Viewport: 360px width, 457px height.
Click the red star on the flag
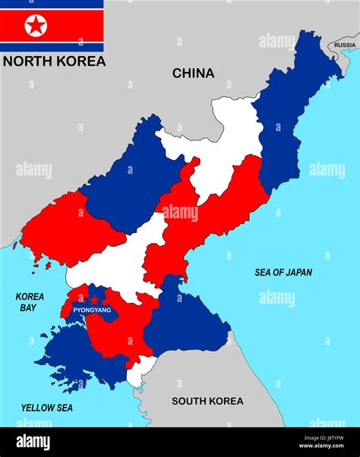pyautogui.click(x=36, y=26)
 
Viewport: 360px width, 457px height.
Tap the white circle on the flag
pyautogui.click(x=36, y=26)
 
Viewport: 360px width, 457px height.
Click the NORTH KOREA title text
pyautogui.click(x=54, y=61)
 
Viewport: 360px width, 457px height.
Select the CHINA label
pyautogui.click(x=193, y=74)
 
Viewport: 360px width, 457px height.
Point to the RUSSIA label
pyautogui.click(x=345, y=45)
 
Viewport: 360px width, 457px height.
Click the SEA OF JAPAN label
pyautogui.click(x=283, y=273)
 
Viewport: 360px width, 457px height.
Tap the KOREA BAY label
pyautogui.click(x=30, y=302)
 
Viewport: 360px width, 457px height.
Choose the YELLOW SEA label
pyautogui.click(x=47, y=408)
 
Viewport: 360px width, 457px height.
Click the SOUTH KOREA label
pyautogui.click(x=207, y=402)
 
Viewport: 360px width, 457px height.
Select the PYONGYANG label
pyautogui.click(x=92, y=310)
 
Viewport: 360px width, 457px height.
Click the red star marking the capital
pyautogui.click(x=94, y=301)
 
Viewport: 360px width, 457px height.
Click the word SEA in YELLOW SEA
pyautogui.click(x=64, y=408)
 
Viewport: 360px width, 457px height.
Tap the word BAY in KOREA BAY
pyautogui.click(x=30, y=307)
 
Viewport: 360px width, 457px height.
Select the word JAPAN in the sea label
pyautogui.click(x=297, y=273)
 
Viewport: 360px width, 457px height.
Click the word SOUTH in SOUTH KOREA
pyautogui.click(x=188, y=402)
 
